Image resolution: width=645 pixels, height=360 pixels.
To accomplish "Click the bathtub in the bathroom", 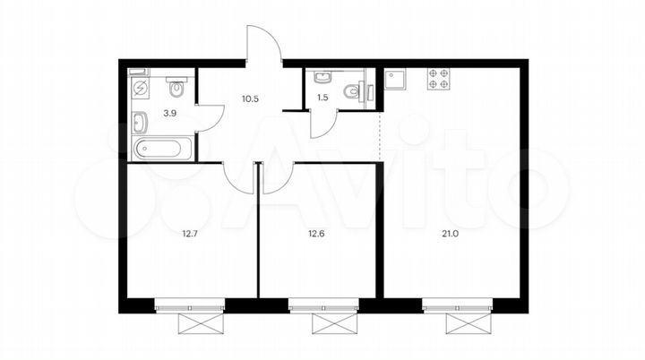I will pyautogui.click(x=161, y=149).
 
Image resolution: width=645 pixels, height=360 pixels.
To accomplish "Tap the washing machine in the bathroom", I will pyautogui.click(x=141, y=89).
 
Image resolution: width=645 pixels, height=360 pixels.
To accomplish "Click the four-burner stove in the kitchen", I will pyautogui.click(x=438, y=78).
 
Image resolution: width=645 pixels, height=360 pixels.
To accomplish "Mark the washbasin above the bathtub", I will pyautogui.click(x=140, y=121).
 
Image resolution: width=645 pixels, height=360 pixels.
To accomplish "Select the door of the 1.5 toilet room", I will pyautogui.click(x=322, y=124).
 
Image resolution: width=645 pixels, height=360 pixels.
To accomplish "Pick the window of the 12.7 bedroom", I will pyautogui.click(x=188, y=307).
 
